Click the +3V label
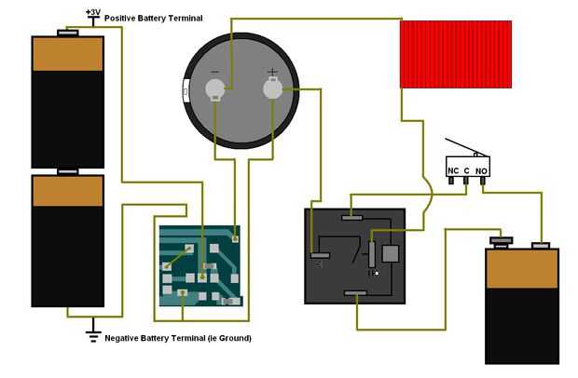click(93, 12)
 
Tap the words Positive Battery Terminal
click(153, 19)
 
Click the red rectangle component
click(456, 55)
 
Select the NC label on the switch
click(453, 170)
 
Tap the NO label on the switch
click(481, 171)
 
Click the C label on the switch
click(467, 170)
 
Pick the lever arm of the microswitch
click(467, 147)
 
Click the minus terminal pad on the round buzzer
click(214, 89)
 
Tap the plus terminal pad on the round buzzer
click(272, 88)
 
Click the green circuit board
click(200, 265)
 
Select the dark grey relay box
click(354, 256)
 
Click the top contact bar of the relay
click(352, 218)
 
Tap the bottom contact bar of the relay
click(355, 293)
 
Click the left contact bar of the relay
click(320, 255)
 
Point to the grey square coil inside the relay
click(391, 253)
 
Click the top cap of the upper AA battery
click(68, 34)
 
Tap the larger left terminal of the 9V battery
click(502, 241)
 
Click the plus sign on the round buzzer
click(272, 72)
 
